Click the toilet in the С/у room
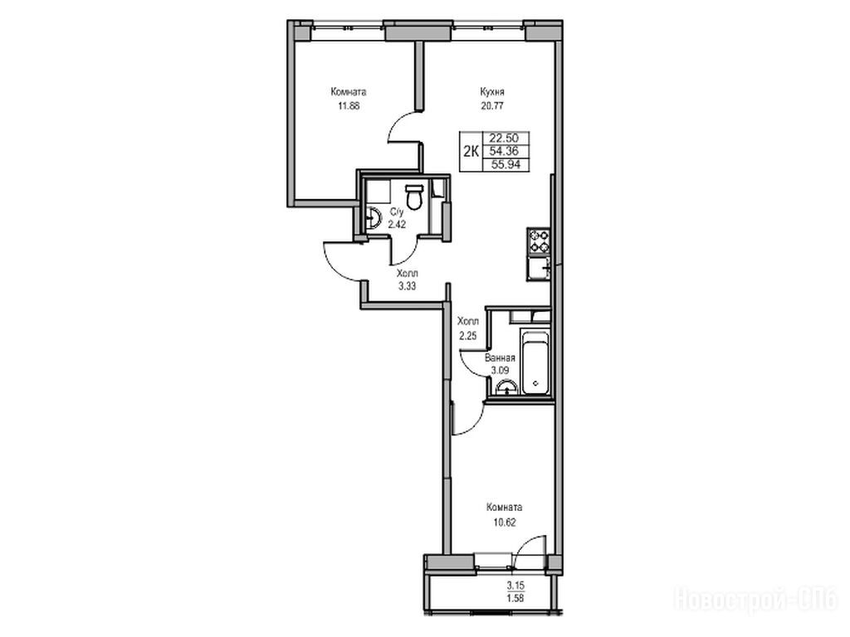click(x=414, y=197)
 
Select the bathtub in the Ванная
click(x=534, y=362)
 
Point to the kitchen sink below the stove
click(x=538, y=268)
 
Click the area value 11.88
click(x=349, y=106)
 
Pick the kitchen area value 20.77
click(x=491, y=106)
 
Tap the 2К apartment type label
click(x=471, y=152)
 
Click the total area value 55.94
click(x=506, y=165)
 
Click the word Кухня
click(x=491, y=92)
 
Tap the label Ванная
click(x=499, y=358)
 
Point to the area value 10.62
click(x=504, y=523)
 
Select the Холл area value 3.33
click(x=407, y=286)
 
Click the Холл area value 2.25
click(x=467, y=336)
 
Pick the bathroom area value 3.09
click(x=499, y=371)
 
